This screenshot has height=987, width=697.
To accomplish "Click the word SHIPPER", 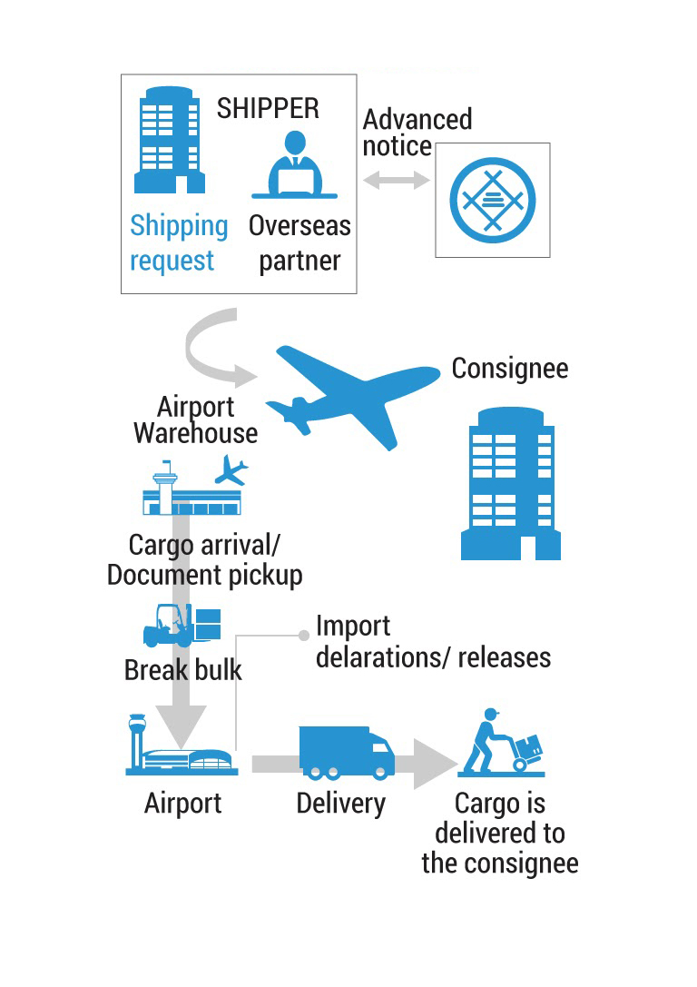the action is (268, 108).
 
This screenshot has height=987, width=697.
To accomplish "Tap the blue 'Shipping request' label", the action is (179, 243).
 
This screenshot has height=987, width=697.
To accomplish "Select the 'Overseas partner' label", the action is (299, 243).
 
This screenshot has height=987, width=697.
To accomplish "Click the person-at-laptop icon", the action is (294, 165).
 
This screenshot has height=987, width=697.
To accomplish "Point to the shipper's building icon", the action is (169, 140).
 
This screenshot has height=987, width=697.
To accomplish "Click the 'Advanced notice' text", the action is (417, 133).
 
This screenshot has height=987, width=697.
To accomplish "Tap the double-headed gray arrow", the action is (397, 180).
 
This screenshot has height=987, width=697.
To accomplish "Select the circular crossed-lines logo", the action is (493, 200).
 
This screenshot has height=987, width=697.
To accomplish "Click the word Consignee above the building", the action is (509, 369).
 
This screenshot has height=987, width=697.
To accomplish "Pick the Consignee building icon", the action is (511, 483).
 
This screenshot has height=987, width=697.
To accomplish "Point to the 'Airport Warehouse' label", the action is (196, 419).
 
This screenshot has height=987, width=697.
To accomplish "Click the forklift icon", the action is (182, 626).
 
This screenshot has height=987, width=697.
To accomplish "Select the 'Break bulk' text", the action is (183, 670).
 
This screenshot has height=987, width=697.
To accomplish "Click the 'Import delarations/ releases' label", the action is (433, 642).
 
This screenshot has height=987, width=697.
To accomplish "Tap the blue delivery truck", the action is (347, 754).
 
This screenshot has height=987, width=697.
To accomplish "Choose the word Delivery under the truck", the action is (341, 804).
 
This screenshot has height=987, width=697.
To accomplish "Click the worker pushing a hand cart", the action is (501, 743).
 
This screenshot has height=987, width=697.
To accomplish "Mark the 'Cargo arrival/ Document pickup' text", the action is (204, 560).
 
